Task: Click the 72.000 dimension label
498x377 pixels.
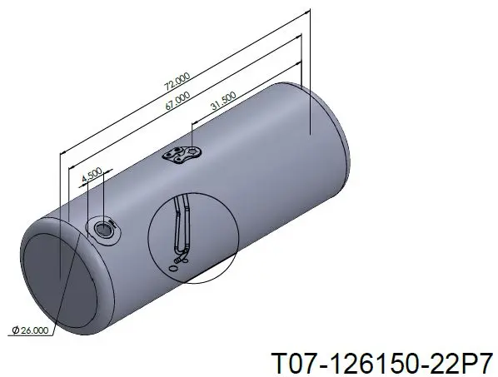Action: pos(177,82)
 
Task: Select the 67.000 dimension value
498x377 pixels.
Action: pos(178,101)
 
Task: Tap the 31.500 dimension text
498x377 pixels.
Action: pos(223,101)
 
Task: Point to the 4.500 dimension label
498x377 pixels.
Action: pos(92,175)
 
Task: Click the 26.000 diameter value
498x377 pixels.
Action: pos(35,330)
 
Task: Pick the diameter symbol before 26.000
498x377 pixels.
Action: pos(16,330)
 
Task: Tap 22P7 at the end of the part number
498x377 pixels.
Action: pos(461,364)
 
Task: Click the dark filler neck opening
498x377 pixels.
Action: pos(103,229)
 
